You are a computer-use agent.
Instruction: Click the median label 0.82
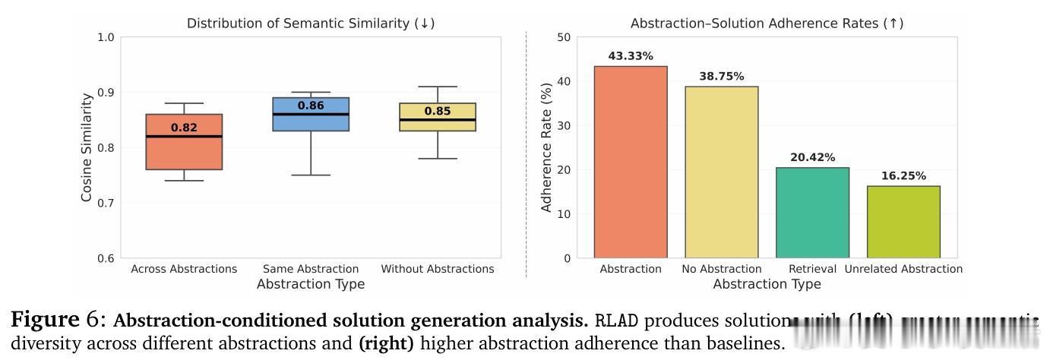click(x=184, y=128)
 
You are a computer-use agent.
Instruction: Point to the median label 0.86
click(x=311, y=106)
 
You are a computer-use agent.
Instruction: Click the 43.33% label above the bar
click(x=631, y=56)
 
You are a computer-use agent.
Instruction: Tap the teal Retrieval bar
click(x=812, y=213)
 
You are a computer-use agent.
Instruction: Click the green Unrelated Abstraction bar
click(x=903, y=222)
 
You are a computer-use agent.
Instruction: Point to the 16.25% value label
click(x=903, y=176)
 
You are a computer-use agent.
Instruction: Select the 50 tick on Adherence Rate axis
click(x=563, y=37)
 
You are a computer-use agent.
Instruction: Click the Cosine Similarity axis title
click(x=87, y=147)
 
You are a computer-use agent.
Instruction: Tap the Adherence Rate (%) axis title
click(x=546, y=147)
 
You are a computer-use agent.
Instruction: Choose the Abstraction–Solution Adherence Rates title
click(x=767, y=24)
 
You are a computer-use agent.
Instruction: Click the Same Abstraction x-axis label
click(x=311, y=269)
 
